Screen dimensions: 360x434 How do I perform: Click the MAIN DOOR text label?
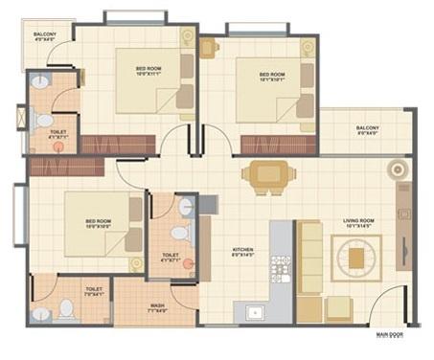coord(389,334)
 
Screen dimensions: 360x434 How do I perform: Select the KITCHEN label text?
coord(243,252)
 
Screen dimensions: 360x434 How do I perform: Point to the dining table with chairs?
coord(263,175)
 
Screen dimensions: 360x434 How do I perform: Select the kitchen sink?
coord(256,311)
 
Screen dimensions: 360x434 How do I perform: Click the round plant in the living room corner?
coord(397,170)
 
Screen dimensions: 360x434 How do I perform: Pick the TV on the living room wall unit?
coord(403,230)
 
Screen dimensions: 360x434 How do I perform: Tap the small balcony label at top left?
coord(45,36)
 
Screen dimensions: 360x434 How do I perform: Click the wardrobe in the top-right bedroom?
coord(265,145)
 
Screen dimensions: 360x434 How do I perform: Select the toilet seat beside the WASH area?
coord(66,308)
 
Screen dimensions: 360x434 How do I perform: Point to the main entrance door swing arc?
coord(389,306)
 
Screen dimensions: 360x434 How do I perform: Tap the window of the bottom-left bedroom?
coord(19,214)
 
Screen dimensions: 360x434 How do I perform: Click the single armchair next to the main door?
coord(338,308)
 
